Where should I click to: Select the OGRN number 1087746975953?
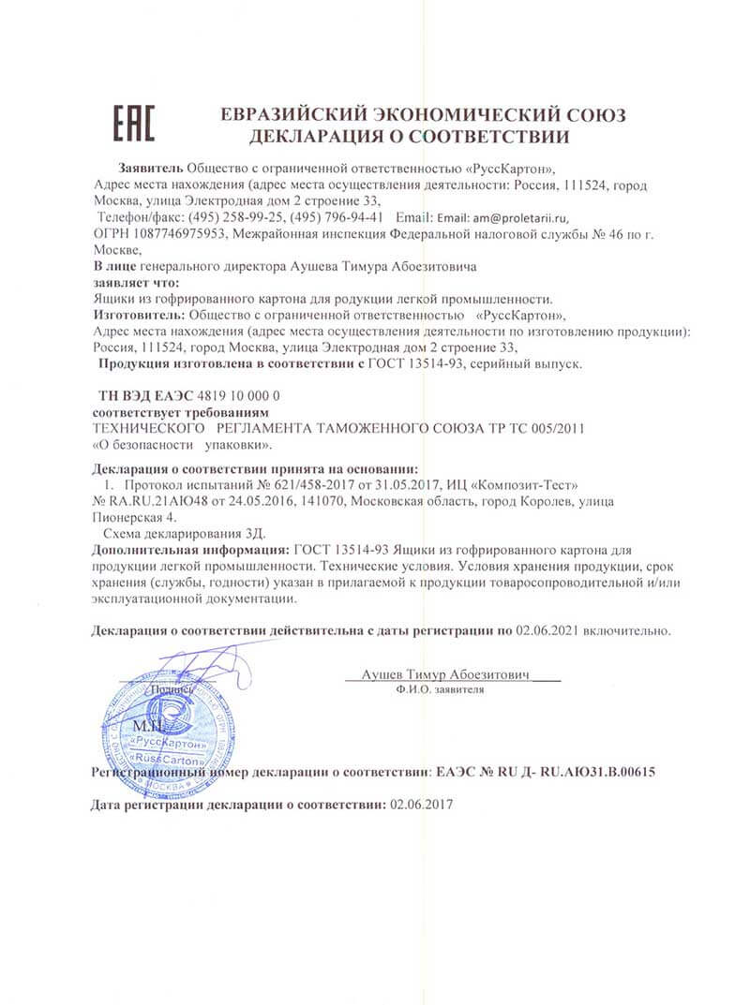[180, 233]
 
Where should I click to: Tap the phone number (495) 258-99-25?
[232, 216]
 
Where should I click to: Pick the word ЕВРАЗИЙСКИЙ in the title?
[294, 115]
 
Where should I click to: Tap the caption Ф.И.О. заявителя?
[441, 689]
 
